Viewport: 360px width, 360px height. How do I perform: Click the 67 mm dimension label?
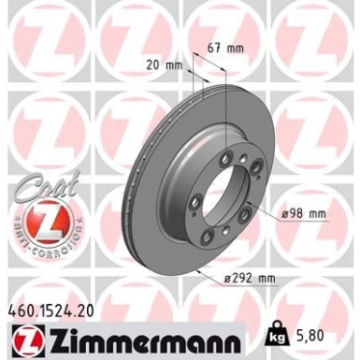pos(228,46)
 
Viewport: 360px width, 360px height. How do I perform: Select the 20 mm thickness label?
pos(166,66)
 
